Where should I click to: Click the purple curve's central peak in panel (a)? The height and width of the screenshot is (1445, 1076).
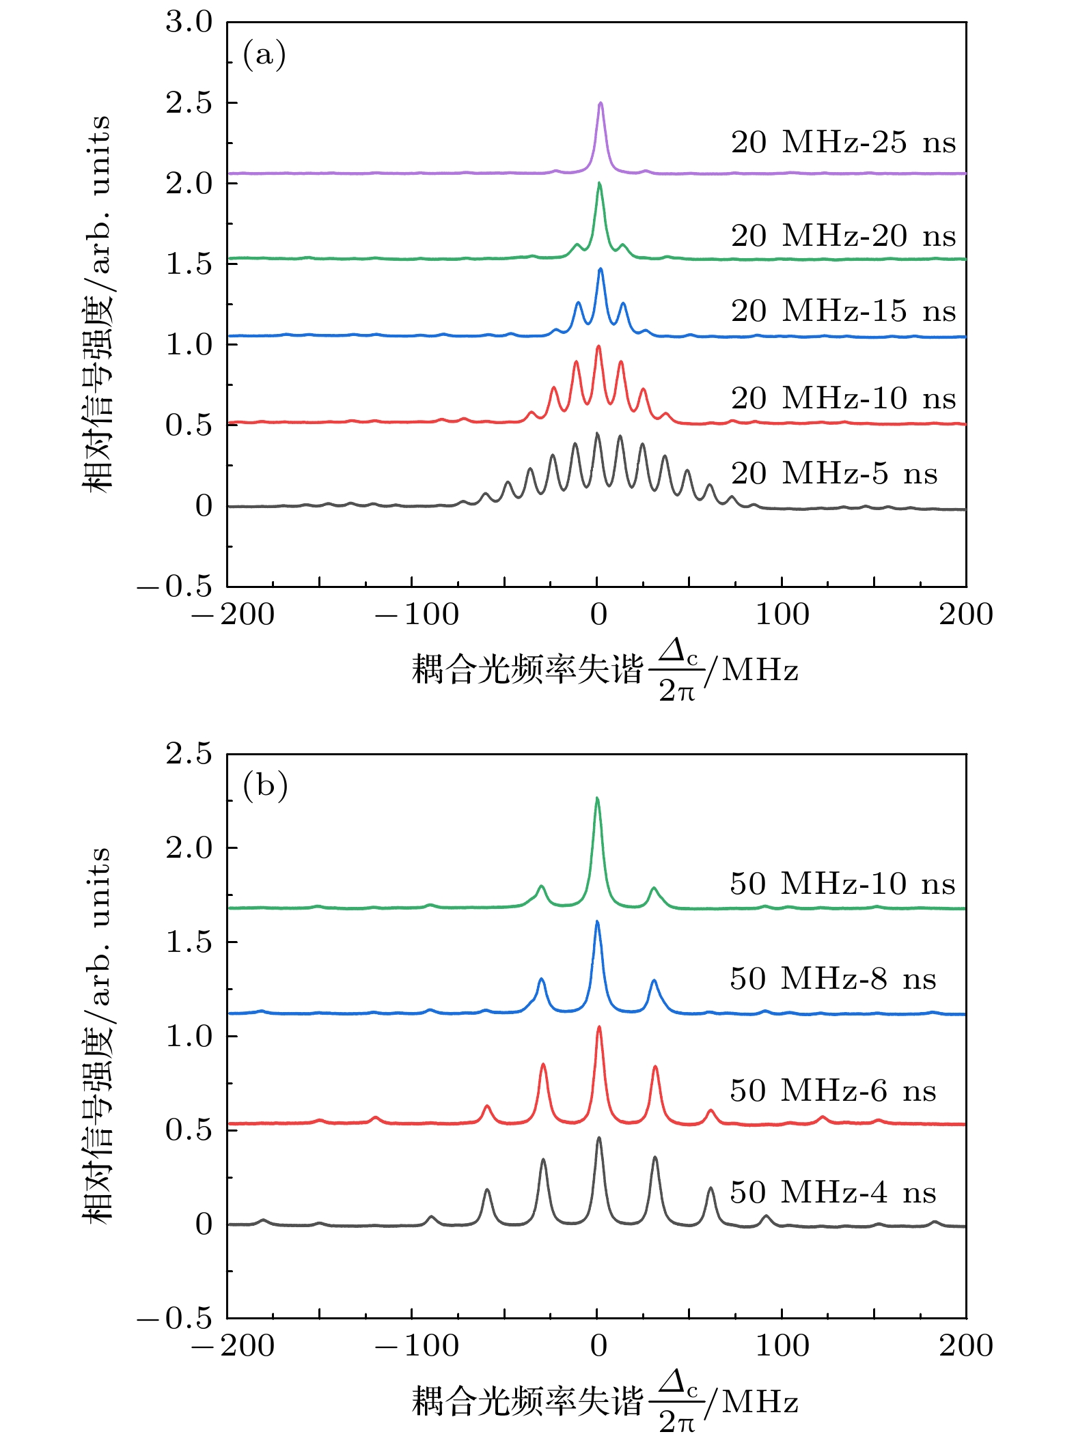point(601,104)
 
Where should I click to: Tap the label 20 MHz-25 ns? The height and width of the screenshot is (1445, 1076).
point(843,143)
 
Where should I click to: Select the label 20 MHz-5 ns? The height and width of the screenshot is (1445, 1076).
point(834,473)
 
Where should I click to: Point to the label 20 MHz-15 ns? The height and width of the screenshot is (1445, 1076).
point(843,311)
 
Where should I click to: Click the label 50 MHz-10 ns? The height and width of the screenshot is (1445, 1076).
point(842,884)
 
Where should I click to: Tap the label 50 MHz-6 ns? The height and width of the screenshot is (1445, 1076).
point(833,1091)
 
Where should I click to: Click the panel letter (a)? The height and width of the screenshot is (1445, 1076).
point(264,54)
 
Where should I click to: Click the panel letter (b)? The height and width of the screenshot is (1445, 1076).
point(265,785)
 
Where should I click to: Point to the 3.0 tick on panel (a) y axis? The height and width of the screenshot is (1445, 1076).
point(189,22)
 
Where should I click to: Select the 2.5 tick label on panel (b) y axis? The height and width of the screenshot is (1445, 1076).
point(189,754)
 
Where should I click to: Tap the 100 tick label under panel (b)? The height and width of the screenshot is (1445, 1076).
point(782,1346)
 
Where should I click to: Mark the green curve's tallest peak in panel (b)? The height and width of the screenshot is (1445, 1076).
point(597,798)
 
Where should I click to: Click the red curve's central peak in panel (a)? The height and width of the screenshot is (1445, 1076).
point(598,347)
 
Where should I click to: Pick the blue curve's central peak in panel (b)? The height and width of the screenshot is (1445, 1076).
point(597,922)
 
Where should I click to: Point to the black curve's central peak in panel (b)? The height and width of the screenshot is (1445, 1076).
point(599,1138)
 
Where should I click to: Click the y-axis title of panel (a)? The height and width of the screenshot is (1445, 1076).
point(96,304)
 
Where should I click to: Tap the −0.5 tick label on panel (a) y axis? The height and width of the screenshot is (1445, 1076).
point(175,587)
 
